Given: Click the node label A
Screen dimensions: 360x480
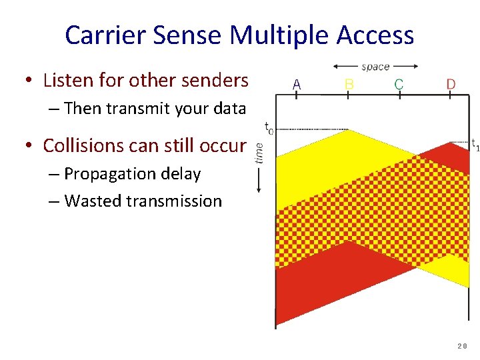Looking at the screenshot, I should [297, 85].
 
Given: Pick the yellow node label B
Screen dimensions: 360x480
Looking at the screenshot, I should [349, 85].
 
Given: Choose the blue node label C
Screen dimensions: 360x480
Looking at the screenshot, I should [399, 85].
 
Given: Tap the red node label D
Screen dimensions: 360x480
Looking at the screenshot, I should [451, 85].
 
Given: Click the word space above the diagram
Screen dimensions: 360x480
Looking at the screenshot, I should [375, 67].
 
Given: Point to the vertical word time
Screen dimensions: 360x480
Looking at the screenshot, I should [259, 153].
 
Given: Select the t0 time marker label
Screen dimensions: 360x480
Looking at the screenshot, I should [268, 127].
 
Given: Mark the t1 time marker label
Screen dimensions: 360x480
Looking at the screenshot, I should [473, 143].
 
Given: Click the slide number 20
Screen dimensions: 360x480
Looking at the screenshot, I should [463, 346].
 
